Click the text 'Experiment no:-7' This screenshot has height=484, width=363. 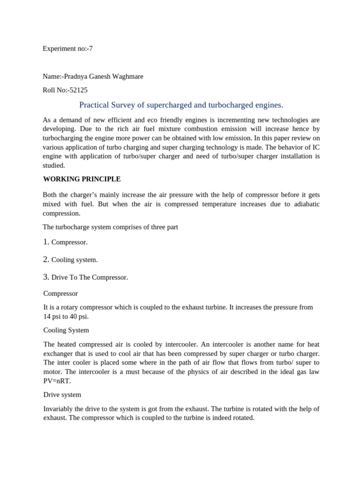click(68, 49)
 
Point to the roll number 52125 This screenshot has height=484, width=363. click(78, 90)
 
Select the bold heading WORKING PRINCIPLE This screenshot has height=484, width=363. click(82, 179)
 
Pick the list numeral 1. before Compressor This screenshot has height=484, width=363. click(46, 242)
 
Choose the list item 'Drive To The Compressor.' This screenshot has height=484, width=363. click(90, 277)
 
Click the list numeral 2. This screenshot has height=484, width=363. click(46, 259)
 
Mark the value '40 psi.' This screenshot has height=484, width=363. click(78, 317)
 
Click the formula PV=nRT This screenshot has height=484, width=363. click(57, 381)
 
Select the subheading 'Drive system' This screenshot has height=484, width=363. click(62, 395)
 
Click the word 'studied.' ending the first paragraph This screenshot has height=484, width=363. click(54, 165)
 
